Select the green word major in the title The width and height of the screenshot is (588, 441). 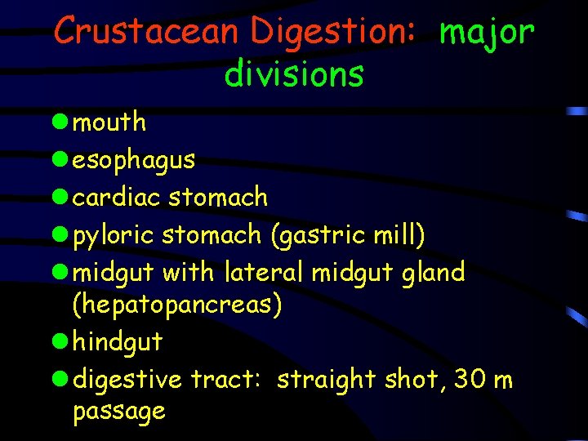(x=487, y=32)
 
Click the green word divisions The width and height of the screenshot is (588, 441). (x=294, y=73)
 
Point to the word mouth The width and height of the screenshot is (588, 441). (x=109, y=122)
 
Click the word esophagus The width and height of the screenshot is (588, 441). (x=134, y=160)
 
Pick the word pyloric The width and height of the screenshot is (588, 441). (x=114, y=236)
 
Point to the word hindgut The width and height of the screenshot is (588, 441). (x=118, y=342)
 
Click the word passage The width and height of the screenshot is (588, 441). (x=119, y=411)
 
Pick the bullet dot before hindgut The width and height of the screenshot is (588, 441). (x=60, y=341)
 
